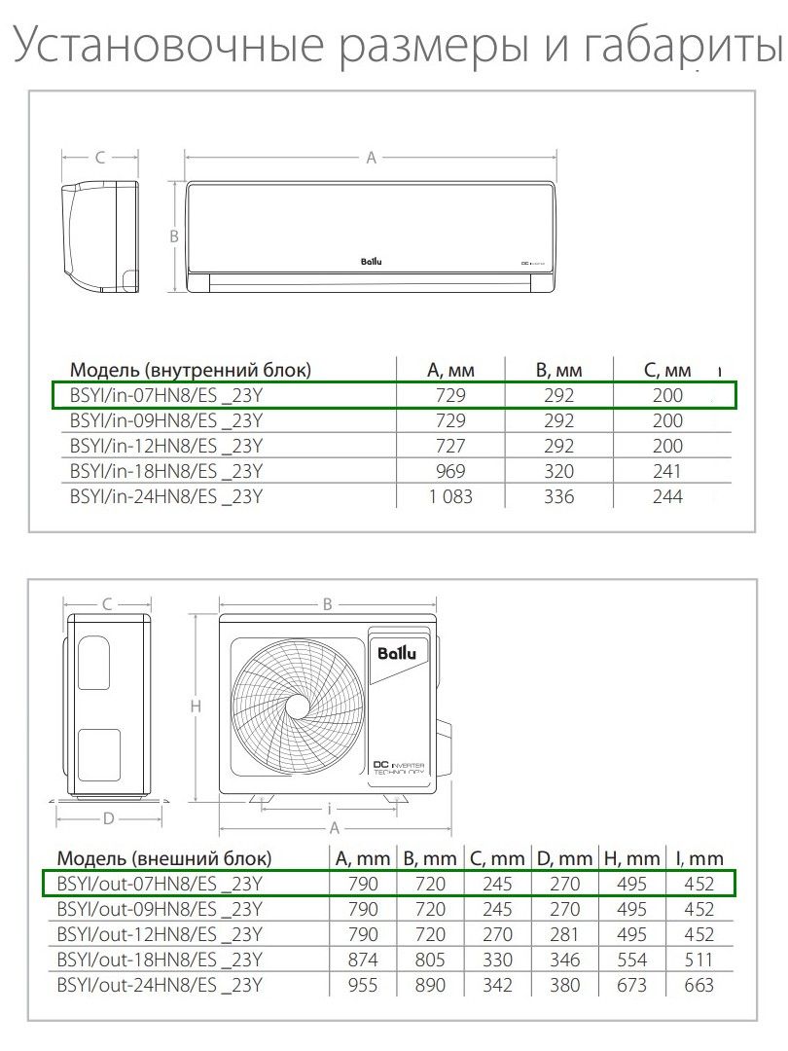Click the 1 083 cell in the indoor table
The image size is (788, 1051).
tap(450, 496)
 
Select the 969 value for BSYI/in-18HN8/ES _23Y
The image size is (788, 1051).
tap(450, 471)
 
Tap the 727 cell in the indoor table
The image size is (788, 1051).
tap(450, 446)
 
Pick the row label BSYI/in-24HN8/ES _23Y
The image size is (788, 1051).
tap(166, 496)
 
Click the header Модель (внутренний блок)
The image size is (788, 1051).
tap(191, 370)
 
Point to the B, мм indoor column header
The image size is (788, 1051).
tap(558, 370)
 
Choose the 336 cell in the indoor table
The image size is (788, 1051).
tap(558, 496)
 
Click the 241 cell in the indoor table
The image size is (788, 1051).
tap(667, 471)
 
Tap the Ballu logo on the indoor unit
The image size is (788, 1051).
tap(372, 262)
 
